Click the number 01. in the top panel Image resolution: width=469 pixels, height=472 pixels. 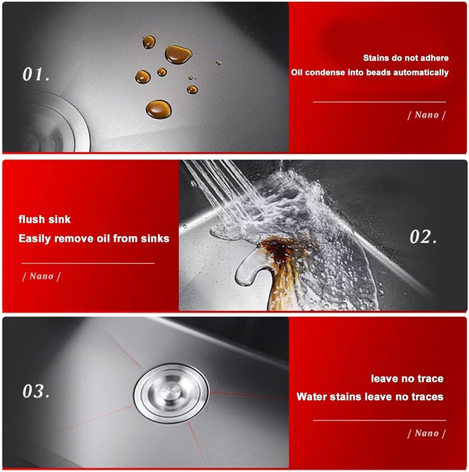[36, 74]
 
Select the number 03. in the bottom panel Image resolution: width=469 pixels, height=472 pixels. [36, 391]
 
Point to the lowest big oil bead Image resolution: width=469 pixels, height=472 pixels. [159, 109]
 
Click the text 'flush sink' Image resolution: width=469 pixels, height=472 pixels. [44, 219]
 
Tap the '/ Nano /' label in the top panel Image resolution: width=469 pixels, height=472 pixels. [426, 115]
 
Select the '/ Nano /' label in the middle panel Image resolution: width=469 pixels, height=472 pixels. [42, 276]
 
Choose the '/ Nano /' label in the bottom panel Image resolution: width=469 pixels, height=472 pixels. [426, 433]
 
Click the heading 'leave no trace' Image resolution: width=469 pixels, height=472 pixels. [407, 378]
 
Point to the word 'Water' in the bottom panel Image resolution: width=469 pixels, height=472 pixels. [311, 396]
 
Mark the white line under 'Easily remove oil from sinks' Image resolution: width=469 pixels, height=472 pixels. [88, 263]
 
